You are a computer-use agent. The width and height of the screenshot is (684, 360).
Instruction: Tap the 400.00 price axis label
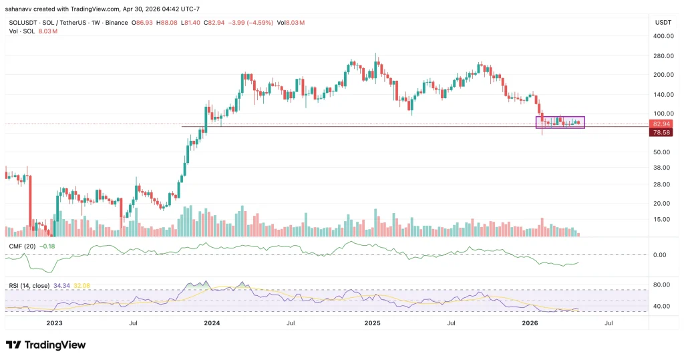tap(662, 37)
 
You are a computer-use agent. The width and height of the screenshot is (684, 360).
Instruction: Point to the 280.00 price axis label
tap(662, 56)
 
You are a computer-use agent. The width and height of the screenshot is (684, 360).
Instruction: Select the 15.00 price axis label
tap(662, 219)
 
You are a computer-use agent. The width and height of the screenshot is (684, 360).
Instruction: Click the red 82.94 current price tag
tap(662, 124)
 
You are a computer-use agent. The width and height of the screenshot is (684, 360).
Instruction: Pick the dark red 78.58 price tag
tap(662, 133)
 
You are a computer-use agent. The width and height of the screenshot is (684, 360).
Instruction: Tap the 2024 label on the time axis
tap(212, 323)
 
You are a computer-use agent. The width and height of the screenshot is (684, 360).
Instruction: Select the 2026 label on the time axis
tap(530, 323)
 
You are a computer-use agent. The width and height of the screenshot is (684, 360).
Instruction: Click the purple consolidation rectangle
tap(560, 122)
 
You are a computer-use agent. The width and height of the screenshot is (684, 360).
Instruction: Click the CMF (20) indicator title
tap(22, 246)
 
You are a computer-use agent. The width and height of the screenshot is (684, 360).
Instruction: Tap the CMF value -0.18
tap(47, 246)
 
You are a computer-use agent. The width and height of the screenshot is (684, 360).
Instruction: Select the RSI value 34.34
tap(63, 286)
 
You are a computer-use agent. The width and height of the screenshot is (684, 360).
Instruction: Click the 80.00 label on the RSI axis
tap(661, 285)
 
